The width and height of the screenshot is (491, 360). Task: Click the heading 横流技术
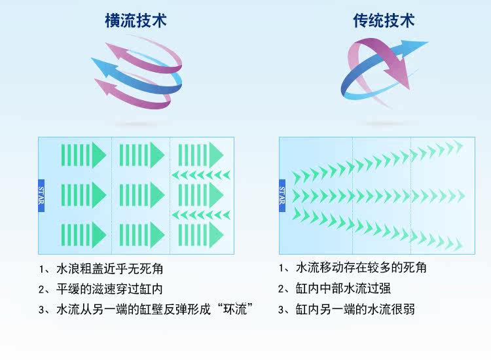click(x=136, y=21)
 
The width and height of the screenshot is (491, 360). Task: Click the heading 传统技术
click(x=384, y=21)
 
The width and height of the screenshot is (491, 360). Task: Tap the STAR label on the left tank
click(x=41, y=195)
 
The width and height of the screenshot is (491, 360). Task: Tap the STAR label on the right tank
click(x=282, y=195)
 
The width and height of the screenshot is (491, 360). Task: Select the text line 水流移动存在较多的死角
click(x=361, y=268)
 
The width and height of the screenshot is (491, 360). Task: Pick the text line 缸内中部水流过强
click(x=343, y=288)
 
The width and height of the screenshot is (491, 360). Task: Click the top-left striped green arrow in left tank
click(x=83, y=154)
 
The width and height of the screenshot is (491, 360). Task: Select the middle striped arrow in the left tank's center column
click(x=141, y=194)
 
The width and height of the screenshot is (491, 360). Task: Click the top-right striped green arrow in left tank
click(x=200, y=154)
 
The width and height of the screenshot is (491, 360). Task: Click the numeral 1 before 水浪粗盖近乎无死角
click(x=41, y=269)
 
